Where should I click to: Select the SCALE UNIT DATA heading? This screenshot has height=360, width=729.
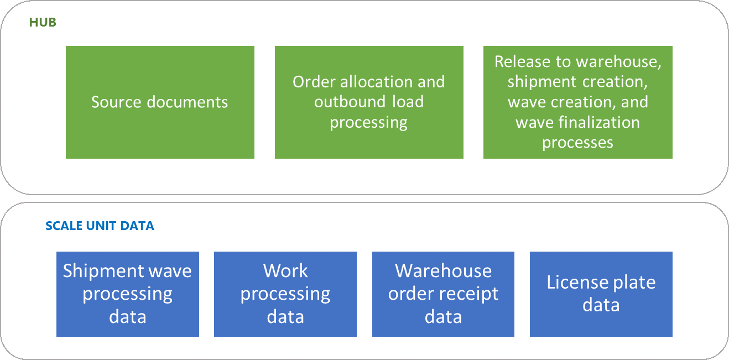100,226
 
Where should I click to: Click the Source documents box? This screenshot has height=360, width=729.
160,102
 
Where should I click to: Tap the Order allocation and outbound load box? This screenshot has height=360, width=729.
369,102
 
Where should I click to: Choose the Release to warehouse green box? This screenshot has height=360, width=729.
577,102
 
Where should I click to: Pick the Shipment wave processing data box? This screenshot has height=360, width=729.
128,294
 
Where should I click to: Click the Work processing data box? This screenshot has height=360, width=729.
285,294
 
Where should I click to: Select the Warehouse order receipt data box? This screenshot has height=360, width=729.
443,294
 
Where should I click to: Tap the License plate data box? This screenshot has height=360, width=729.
601,294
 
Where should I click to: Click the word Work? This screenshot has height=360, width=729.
285,271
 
